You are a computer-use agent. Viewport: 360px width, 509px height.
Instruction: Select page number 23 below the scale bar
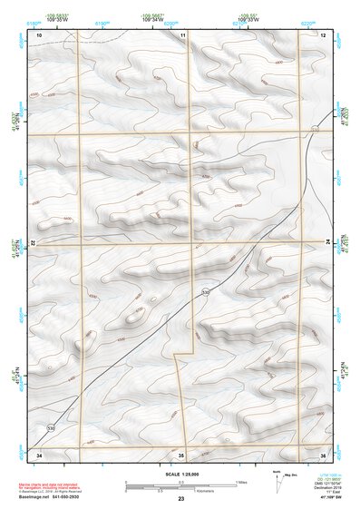(180, 500)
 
